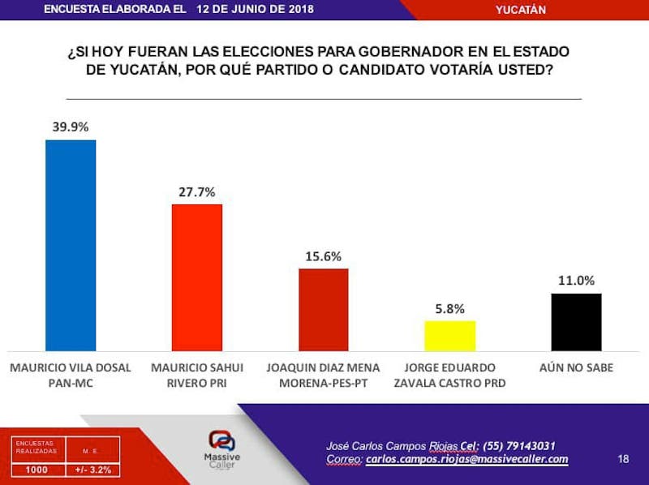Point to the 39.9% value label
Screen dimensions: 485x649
(x=71, y=127)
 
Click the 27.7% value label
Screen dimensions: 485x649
(x=197, y=192)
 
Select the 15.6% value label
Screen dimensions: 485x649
(x=324, y=255)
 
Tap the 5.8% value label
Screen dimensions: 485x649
(x=449, y=308)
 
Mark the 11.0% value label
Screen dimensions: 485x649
(x=576, y=281)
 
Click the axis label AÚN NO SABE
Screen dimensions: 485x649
(x=576, y=367)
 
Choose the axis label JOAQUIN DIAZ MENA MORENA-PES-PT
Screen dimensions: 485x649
(x=323, y=375)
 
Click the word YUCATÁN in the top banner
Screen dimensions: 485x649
(x=520, y=10)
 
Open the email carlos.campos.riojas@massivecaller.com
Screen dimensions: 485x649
(x=466, y=460)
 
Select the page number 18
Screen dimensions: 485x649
(x=623, y=459)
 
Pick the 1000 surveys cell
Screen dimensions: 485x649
(x=37, y=469)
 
